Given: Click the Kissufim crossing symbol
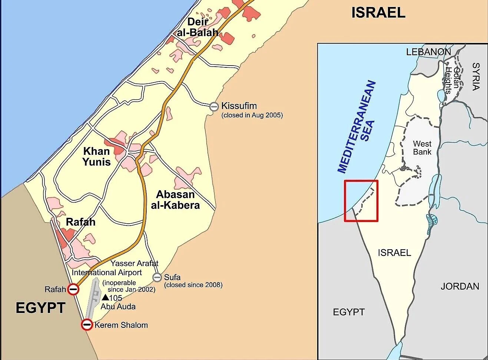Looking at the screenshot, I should [x=214, y=107].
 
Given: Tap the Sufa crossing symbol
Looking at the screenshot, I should [x=157, y=277].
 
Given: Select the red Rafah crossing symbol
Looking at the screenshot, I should [x=73, y=289].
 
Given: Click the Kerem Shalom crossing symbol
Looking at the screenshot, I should [x=87, y=325].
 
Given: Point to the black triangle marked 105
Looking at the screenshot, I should [x=105, y=297].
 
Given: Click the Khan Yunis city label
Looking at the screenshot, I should [x=96, y=157].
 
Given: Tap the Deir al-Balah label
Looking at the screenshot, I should [x=197, y=27].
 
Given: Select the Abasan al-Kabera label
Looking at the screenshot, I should [x=175, y=200].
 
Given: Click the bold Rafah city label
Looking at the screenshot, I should [x=80, y=222].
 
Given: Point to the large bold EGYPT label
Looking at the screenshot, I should [x=40, y=308].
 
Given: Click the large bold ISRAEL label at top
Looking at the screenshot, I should [x=378, y=13].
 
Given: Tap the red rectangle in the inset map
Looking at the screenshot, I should [x=361, y=201].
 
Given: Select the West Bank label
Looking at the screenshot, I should [x=422, y=148].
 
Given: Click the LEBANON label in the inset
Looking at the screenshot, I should [x=428, y=52].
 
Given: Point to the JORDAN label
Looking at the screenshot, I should [x=459, y=286].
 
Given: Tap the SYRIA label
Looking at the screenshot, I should [x=476, y=76].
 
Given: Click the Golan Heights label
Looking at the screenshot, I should [x=453, y=80].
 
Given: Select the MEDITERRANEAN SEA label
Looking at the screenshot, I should [x=356, y=127].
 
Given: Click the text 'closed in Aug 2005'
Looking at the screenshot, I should [x=252, y=115].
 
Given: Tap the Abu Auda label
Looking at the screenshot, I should [x=118, y=307].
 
